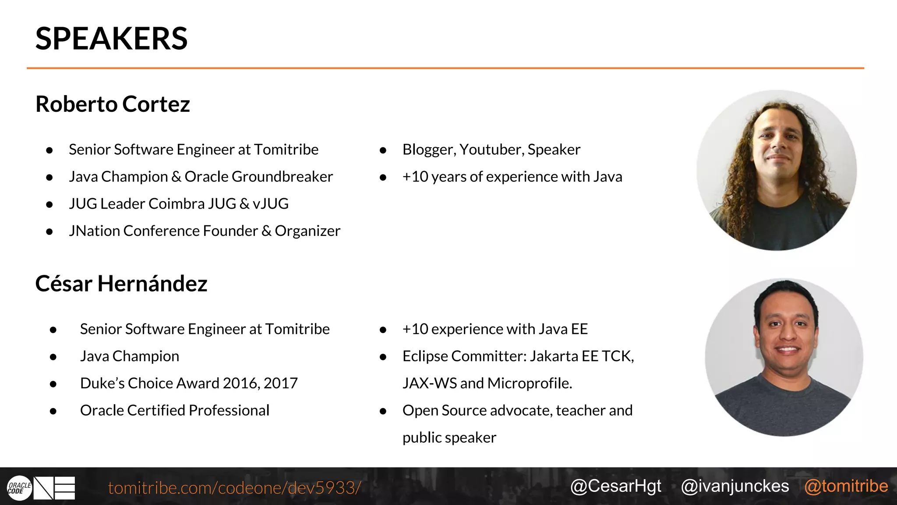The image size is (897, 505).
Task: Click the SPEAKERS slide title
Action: (x=111, y=39)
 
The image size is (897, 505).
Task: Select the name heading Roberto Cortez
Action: (x=113, y=104)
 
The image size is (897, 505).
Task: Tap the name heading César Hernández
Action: (x=121, y=284)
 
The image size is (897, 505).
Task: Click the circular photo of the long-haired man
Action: (x=777, y=170)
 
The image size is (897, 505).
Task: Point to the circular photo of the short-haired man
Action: (x=784, y=357)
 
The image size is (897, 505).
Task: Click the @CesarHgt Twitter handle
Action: (x=616, y=486)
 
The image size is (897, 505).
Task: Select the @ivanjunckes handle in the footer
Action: (x=735, y=486)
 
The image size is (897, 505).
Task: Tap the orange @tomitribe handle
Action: (x=846, y=486)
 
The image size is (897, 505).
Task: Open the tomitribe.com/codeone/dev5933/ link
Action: (x=234, y=488)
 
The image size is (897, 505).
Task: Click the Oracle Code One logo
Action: (x=41, y=488)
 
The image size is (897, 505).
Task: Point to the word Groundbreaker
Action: (x=282, y=177)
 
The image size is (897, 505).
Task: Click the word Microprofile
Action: (x=530, y=384)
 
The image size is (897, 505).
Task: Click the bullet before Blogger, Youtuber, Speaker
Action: (x=383, y=150)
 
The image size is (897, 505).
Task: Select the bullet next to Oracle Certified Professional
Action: (x=53, y=411)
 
